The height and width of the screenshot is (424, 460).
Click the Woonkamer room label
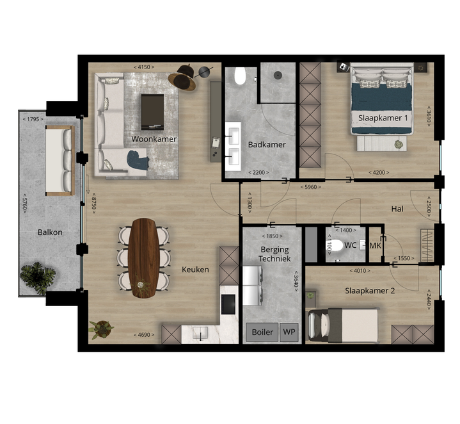coord(154,139)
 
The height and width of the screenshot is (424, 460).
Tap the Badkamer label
coord(267,145)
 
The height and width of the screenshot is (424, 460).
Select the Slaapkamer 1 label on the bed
coord(383,118)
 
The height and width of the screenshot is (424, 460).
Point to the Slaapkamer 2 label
coord(370,291)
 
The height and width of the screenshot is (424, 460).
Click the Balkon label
coord(50,232)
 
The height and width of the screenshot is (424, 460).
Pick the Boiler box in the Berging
coord(262,332)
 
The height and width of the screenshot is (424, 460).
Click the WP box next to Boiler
coord(289,332)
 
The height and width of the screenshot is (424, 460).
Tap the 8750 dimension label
coord(94,203)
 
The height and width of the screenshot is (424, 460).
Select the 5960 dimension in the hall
coord(311,187)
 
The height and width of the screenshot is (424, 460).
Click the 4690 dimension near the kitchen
coord(144,335)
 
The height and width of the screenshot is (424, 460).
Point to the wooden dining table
coord(144,258)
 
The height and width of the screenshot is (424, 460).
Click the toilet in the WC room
coord(335,245)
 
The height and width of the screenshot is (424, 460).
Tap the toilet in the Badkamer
coord(240,76)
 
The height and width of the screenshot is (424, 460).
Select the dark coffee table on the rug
coord(152,112)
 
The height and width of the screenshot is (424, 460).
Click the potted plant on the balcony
coord(38,278)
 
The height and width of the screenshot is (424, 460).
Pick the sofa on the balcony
coord(60,161)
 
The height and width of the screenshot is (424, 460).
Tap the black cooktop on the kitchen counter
coord(228,304)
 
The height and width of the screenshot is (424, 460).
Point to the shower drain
coord(278,76)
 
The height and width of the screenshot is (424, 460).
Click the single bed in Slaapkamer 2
coord(342,325)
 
